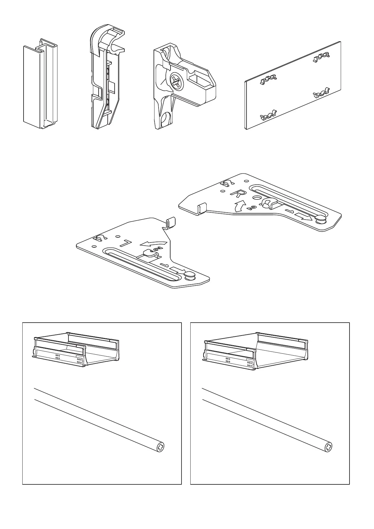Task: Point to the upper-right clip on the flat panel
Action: [321, 57]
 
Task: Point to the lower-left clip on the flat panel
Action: [268, 115]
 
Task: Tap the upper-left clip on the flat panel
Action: [268, 79]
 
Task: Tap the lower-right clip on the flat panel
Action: [321, 93]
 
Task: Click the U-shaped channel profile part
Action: [41, 84]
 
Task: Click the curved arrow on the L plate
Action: [154, 243]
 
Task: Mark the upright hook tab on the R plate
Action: [202, 208]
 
